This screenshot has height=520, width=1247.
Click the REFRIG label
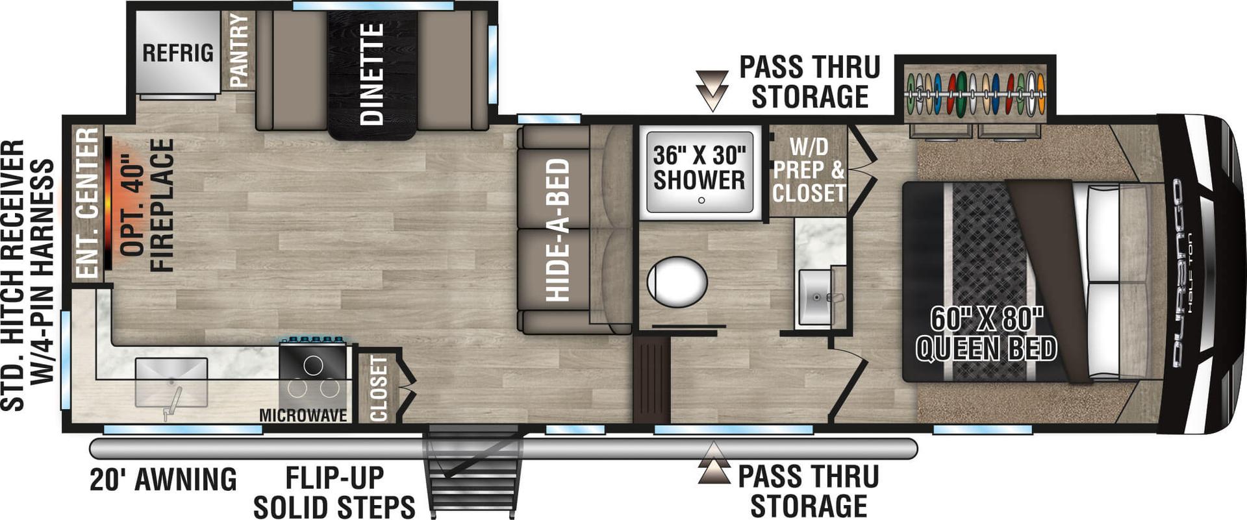coord(177,53)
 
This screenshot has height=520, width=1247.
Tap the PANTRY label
coord(239,51)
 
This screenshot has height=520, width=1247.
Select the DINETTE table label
coord(372,73)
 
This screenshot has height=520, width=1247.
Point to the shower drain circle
coord(701,200)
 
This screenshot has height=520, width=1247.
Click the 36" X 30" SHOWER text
coord(699,167)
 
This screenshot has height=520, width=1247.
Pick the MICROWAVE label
coord(303,415)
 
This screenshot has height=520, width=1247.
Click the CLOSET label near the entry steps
coord(378,388)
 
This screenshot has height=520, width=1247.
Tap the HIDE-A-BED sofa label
coord(558,230)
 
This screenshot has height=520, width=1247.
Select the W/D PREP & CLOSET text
coord(809,170)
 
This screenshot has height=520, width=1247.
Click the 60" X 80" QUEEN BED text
coord(986,334)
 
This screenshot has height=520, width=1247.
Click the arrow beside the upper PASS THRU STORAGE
coord(712,90)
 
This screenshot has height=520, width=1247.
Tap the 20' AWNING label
coord(163,480)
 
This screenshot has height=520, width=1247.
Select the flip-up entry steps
coord(472,471)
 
